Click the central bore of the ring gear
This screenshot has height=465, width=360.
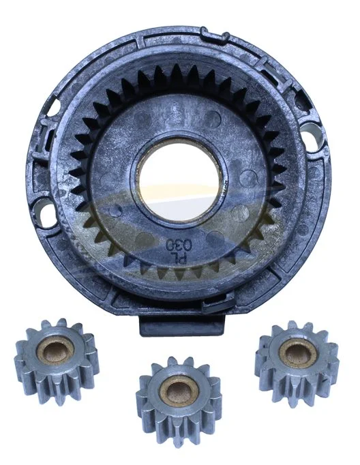pyautogui.click(x=179, y=180)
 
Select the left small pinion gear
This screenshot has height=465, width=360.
pyautogui.click(x=57, y=361)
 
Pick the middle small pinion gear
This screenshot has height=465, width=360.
pyautogui.click(x=179, y=401)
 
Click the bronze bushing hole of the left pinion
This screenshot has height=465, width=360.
pyautogui.click(x=55, y=351)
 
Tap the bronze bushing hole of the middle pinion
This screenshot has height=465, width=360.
pyautogui.click(x=178, y=391)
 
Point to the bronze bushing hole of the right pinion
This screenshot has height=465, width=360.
pyautogui.click(x=298, y=353)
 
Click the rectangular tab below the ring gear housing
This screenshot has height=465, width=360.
pyautogui.click(x=182, y=326)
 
